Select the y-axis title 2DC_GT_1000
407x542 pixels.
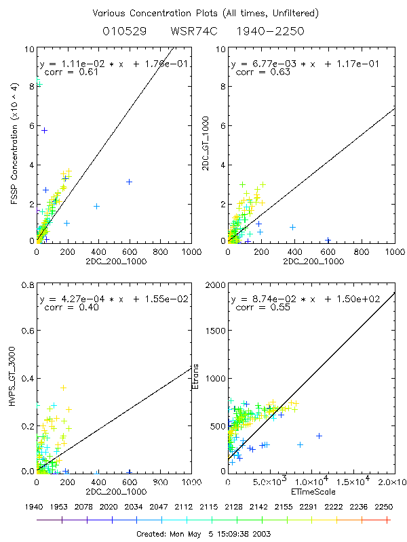pos(206,144)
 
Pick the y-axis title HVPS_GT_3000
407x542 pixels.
pos(16,379)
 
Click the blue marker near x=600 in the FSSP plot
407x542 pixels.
pos(129,182)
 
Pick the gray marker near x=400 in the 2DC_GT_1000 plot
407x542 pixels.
pos(292,227)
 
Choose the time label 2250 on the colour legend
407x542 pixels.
pos(387,506)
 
